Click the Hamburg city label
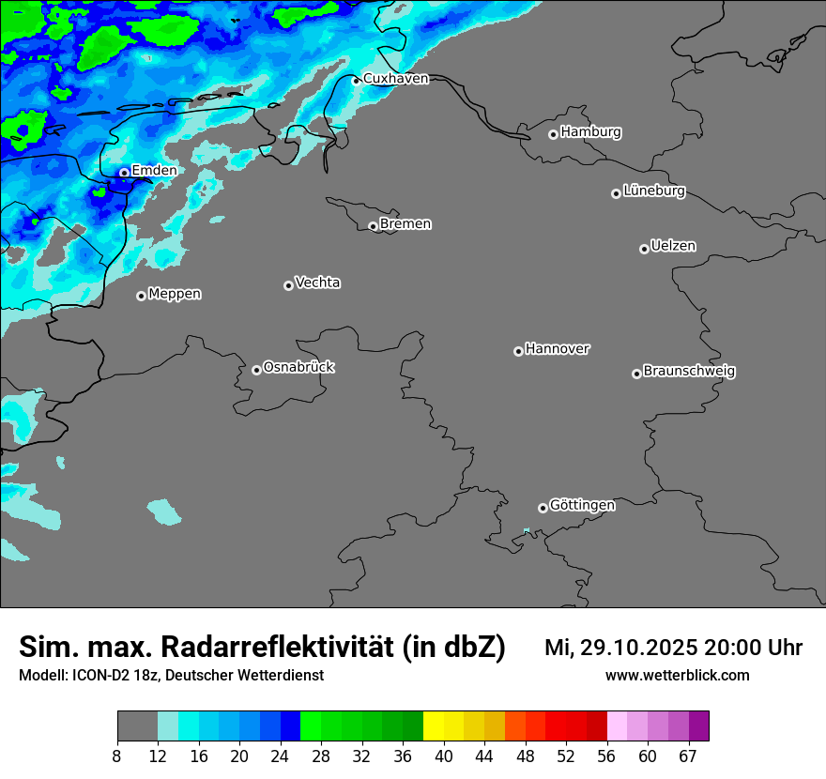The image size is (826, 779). tap(590, 132)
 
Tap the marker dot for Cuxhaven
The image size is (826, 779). tap(356, 81)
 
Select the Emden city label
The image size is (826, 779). tap(154, 171)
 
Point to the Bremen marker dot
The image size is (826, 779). tap(373, 226)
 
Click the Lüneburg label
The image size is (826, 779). tap(654, 191)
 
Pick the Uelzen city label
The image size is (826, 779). tap(673, 246)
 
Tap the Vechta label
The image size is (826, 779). tap(317, 283)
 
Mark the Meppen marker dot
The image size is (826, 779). tap(141, 296)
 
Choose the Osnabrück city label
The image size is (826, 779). tap(298, 367)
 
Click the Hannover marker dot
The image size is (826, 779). tap(518, 351)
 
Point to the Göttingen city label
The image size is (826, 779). tap(582, 505)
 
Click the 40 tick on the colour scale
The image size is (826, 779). tap(444, 756)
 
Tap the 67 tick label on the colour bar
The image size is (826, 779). tap(688, 756)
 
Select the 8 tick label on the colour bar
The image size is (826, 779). tap(117, 756)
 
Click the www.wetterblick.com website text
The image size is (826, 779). tap(677, 676)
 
